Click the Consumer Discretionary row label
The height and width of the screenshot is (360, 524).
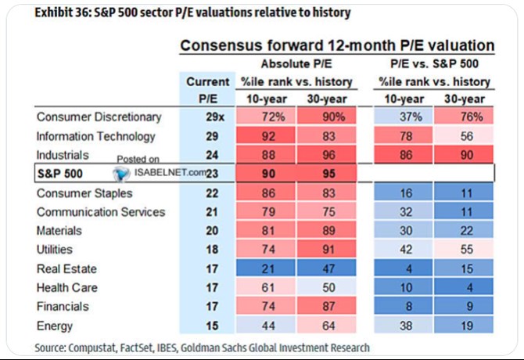click(x=99, y=117)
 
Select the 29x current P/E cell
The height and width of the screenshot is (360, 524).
click(x=215, y=117)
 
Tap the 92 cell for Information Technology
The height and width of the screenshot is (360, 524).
click(x=266, y=136)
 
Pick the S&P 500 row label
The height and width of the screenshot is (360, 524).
click(x=59, y=174)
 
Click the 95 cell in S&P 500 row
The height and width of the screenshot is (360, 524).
click(x=326, y=174)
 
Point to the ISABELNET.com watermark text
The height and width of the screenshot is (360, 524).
click(x=170, y=172)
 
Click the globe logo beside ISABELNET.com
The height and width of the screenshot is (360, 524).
click(x=121, y=174)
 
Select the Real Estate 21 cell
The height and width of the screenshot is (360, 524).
click(x=266, y=268)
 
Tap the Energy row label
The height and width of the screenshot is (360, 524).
click(x=55, y=326)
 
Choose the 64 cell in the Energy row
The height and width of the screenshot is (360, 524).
click(x=326, y=326)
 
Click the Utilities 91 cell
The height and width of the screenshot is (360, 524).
click(x=326, y=250)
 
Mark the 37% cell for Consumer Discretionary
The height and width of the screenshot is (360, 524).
click(x=404, y=117)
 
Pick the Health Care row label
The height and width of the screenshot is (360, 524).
click(x=66, y=287)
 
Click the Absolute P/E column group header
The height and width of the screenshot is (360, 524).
click(x=296, y=63)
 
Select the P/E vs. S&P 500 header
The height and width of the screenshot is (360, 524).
click(x=434, y=63)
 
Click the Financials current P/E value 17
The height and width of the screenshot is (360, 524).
click(x=212, y=307)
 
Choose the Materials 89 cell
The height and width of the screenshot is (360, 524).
click(x=326, y=231)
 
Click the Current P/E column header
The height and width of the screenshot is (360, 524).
click(x=208, y=90)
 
